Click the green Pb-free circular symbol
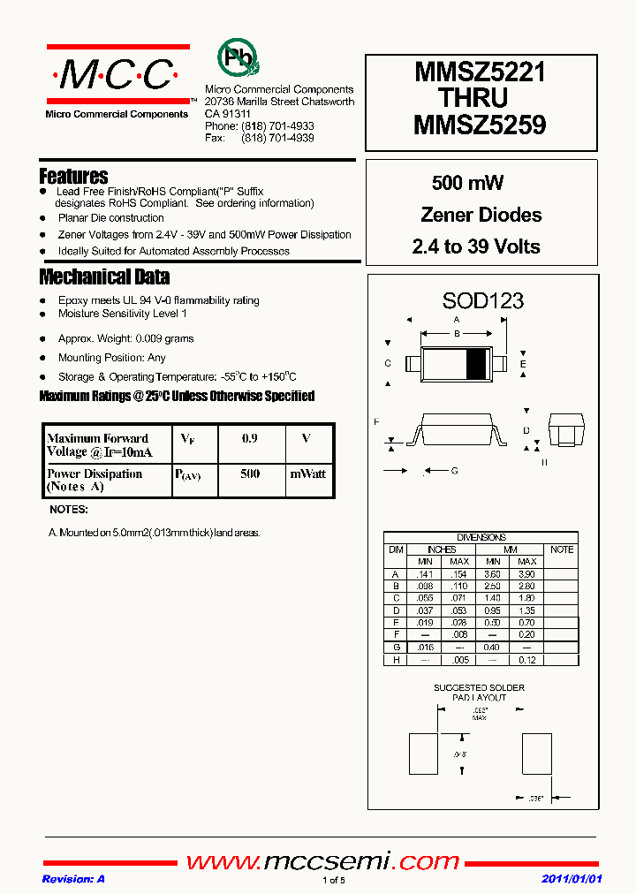(237, 58)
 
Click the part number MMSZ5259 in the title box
(481, 125)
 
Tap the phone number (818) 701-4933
(283, 126)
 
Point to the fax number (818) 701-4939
(283, 139)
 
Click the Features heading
(74, 176)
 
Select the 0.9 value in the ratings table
(250, 438)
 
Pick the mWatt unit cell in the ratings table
(308, 474)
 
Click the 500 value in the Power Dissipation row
(250, 474)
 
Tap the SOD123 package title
(482, 300)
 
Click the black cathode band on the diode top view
(475, 364)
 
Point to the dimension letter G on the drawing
(454, 471)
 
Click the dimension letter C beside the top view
(388, 363)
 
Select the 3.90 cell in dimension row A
(527, 573)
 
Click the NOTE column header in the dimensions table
(561, 549)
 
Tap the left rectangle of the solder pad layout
(424, 753)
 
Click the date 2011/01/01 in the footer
(572, 879)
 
